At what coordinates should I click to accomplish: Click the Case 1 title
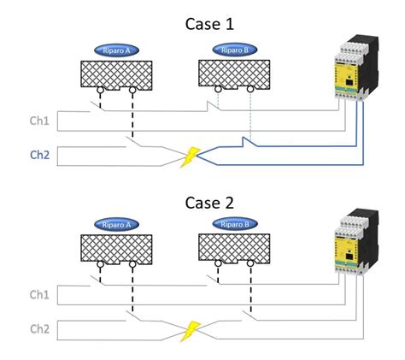click(208, 23)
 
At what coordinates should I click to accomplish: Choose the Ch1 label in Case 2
click(40, 294)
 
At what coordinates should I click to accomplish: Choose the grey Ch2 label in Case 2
click(40, 328)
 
